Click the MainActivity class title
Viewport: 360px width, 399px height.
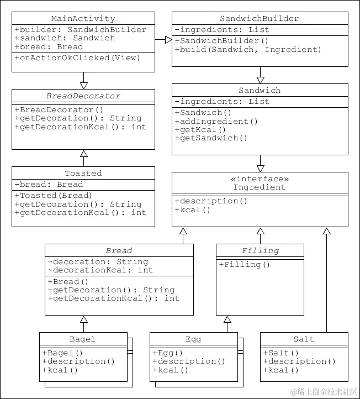click(83, 19)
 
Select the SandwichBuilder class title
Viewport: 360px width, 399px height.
click(260, 19)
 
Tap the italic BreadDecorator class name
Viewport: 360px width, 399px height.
click(83, 96)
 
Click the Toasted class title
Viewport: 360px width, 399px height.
click(83, 174)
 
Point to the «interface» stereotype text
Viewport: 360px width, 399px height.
click(260, 179)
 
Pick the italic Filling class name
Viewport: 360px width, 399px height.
click(260, 251)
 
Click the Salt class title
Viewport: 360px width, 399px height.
click(304, 339)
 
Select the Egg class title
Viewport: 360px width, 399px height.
click(193, 339)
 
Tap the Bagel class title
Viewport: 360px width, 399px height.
click(83, 339)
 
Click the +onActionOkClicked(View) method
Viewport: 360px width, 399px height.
click(62, 57)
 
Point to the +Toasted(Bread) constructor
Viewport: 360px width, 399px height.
click(53, 196)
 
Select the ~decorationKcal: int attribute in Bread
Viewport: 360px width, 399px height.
click(100, 270)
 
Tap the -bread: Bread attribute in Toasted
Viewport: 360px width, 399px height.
click(49, 185)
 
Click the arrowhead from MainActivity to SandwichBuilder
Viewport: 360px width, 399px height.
click(167, 40)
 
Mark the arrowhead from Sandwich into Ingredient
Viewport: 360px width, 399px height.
click(260, 167)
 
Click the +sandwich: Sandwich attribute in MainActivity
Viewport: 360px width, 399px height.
click(65, 38)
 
